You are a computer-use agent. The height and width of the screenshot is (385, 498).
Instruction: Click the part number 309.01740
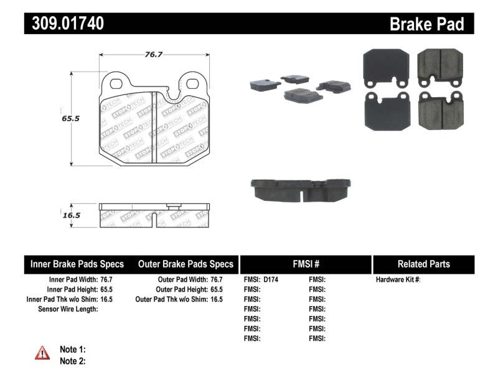[65, 24]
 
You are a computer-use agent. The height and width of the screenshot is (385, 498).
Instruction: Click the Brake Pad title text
[426, 24]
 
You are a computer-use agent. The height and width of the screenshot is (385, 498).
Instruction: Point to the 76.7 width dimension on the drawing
[153, 55]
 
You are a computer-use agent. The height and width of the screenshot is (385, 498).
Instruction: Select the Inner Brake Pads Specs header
[77, 264]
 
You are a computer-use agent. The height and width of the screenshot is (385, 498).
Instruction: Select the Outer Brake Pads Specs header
[186, 264]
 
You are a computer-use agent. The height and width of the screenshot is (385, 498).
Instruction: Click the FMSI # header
[305, 264]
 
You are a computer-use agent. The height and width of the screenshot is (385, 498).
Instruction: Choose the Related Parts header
[423, 264]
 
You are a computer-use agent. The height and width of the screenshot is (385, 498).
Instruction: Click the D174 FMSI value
[271, 280]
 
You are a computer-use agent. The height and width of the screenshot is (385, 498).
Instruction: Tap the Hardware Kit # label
[398, 280]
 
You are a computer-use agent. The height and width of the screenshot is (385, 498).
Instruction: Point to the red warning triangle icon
[42, 353]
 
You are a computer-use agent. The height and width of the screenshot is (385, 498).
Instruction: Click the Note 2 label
[72, 361]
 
